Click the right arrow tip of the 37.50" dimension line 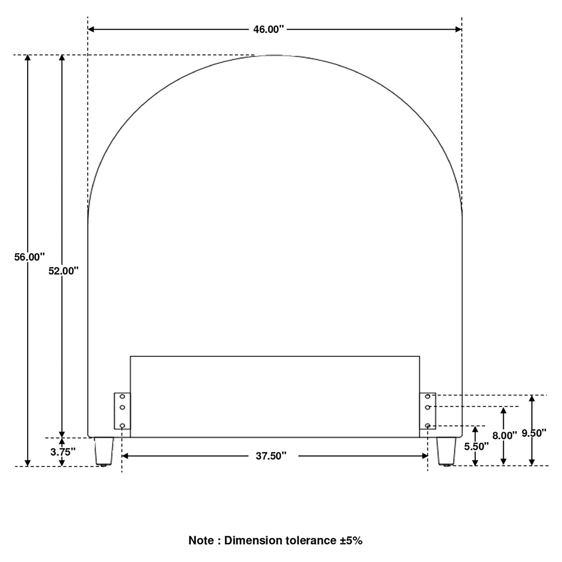(428, 456)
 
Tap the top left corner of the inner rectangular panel (130, 356)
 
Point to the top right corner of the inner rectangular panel (419, 356)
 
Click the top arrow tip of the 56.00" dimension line (28, 55)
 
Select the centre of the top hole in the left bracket (122, 397)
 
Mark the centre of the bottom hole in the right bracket (427, 426)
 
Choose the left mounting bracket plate (122, 411)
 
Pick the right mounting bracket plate (427, 411)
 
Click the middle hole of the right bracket (427, 407)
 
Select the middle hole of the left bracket (122, 407)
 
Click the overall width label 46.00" (268, 29)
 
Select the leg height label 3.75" (63, 452)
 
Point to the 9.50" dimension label (534, 433)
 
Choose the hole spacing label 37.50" (271, 456)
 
